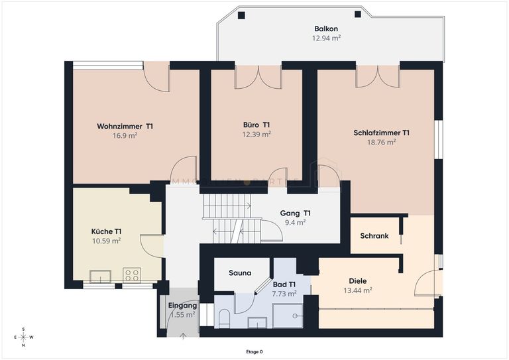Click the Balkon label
pyautogui.click(x=326, y=29)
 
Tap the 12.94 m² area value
pyautogui.click(x=326, y=38)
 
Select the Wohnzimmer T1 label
pyautogui.click(x=125, y=126)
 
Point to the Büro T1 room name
pyautogui.click(x=256, y=125)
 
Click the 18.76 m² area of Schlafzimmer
pyautogui.click(x=381, y=142)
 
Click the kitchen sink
pyautogui.click(x=101, y=276)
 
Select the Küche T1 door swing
pyautogui.click(x=151, y=246)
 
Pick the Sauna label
pyautogui.click(x=239, y=272)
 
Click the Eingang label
pyautogui.click(x=182, y=306)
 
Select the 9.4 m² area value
pyautogui.click(x=295, y=223)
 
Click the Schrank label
pyautogui.click(x=374, y=236)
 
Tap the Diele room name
pyautogui.click(x=358, y=280)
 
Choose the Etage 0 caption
pyautogui.click(x=254, y=352)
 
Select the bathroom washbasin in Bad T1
pyautogui.click(x=256, y=322)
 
